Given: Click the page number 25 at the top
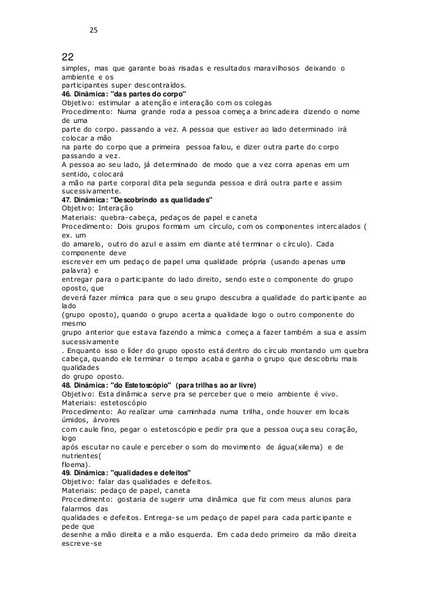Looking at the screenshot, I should coord(94,30).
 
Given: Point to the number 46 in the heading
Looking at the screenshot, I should coord(67,93).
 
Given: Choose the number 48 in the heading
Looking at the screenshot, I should coord(67,384).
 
